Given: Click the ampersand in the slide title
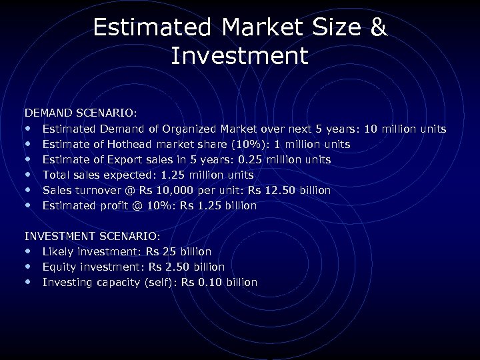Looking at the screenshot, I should [377, 27].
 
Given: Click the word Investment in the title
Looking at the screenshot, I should [239, 56].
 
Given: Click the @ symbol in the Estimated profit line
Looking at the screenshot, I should [137, 205].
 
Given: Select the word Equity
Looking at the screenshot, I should [59, 267].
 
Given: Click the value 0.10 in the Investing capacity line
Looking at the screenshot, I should [209, 282].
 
